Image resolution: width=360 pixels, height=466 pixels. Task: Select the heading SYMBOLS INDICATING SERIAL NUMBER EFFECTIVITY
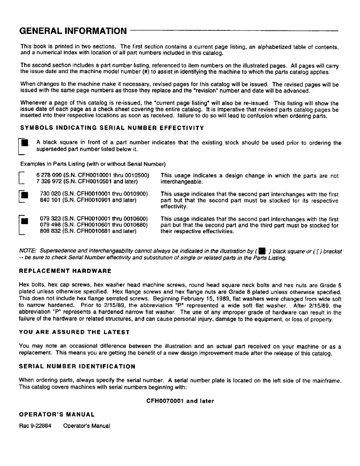[x=112, y=129]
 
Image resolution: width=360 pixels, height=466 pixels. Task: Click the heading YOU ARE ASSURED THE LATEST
[x=75, y=332]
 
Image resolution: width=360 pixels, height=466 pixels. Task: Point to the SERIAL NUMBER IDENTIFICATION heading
[x=77, y=366]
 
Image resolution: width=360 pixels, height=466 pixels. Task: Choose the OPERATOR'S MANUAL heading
[x=57, y=414]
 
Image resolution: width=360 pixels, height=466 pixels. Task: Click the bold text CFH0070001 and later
[x=180, y=401]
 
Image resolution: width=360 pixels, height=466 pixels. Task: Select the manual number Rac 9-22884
[x=35, y=425]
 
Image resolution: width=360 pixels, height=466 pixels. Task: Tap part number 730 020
[x=50, y=193]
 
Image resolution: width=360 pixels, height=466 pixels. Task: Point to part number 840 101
[x=50, y=199]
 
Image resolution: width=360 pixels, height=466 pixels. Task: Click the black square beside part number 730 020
[x=26, y=194]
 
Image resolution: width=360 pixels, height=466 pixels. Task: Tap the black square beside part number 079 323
[x=26, y=220]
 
